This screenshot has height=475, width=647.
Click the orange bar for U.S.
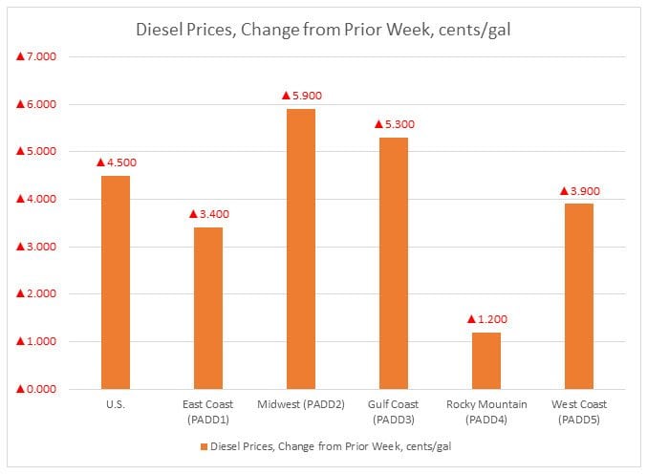point(115,282)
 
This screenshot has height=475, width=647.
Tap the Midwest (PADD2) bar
point(300,248)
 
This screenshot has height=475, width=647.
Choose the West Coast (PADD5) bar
point(578,296)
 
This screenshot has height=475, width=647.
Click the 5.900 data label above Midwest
point(299,96)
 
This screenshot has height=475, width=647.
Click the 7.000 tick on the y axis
point(36,57)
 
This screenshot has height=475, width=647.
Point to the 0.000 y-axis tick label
point(36,389)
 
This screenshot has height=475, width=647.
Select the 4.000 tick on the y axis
point(36,199)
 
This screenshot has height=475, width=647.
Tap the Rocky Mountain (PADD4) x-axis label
point(485,411)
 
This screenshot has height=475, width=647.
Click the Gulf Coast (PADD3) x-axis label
point(393,411)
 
